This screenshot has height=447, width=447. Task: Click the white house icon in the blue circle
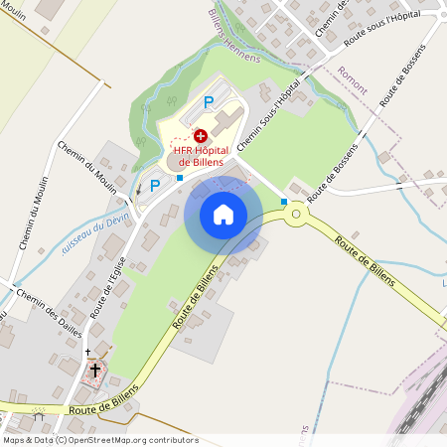click(x=223, y=214)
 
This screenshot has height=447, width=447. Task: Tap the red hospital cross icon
click(x=201, y=134)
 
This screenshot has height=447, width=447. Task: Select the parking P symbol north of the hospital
click(x=209, y=101)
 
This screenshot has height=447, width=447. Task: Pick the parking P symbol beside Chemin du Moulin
click(x=154, y=185)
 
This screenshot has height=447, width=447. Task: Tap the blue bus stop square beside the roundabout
click(x=284, y=202)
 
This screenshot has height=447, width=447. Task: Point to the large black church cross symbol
click(x=96, y=371)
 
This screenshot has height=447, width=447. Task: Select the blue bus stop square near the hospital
click(x=179, y=177)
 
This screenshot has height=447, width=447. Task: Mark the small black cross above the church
click(x=87, y=352)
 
